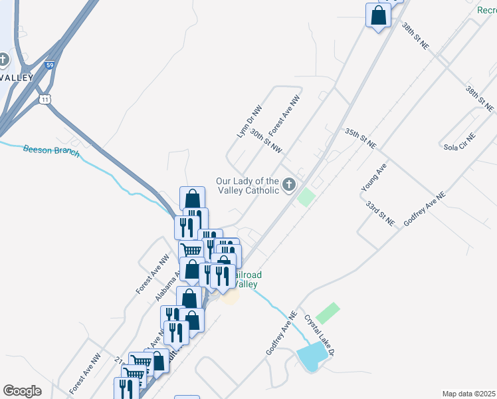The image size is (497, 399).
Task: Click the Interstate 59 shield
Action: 50,65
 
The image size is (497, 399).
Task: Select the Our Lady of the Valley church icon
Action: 289,184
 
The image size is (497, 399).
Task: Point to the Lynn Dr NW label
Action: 250,120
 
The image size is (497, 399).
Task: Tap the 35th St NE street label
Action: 361,139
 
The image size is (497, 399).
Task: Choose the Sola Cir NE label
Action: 460,142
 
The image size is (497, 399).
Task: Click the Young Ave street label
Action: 373,179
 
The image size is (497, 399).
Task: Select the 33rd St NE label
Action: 380,212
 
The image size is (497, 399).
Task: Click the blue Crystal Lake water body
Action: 311,358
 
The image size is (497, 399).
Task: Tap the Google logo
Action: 22,391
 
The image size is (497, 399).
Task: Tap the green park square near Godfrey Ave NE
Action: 328,313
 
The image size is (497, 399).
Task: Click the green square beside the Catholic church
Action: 306,197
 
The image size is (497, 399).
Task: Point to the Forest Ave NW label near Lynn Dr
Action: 284,114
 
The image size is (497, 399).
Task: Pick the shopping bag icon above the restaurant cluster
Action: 192,198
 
